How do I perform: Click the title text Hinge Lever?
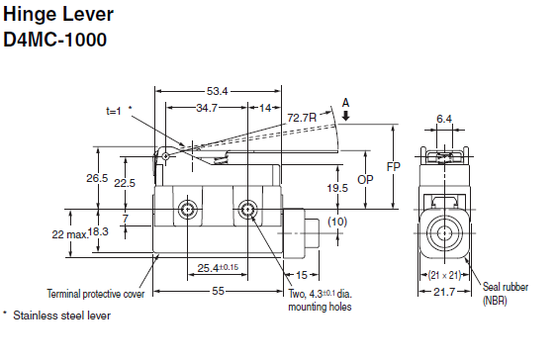[58, 17]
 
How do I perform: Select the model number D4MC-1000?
[56, 42]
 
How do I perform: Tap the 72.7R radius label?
[302, 118]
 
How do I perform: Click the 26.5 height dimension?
[97, 178]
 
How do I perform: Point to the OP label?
[365, 181]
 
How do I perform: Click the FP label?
[394, 166]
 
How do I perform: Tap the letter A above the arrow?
[344, 101]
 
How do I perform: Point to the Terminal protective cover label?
[95, 294]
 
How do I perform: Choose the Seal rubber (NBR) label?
[505, 293]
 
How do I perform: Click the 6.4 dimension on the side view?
[444, 119]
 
